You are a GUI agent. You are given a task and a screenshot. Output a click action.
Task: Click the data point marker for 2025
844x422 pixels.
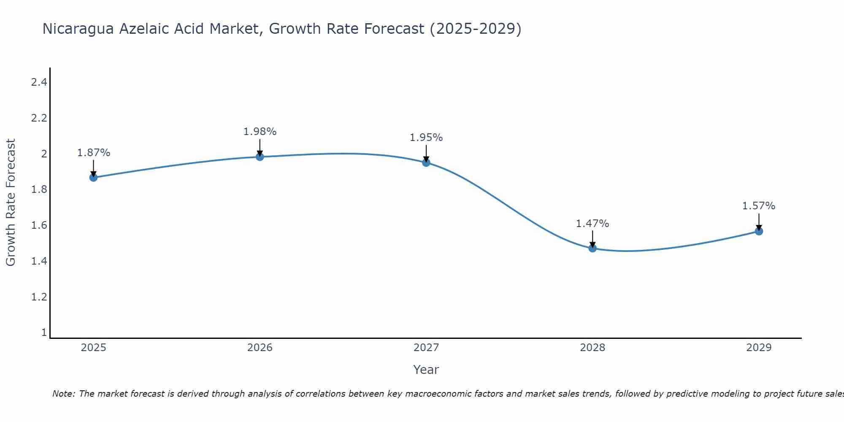[93, 177]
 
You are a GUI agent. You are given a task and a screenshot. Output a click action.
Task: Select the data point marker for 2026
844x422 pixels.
[260, 157]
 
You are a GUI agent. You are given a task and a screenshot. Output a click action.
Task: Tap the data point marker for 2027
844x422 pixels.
[426, 162]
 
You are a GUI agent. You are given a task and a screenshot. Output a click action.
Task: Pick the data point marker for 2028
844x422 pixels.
[592, 248]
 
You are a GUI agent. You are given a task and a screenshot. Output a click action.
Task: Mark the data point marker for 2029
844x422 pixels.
[759, 231]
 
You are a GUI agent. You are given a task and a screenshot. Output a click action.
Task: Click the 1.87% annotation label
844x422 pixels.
[93, 153]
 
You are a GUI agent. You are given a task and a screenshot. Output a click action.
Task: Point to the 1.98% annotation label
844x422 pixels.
[260, 132]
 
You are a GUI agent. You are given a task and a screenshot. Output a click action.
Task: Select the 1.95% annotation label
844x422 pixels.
[426, 138]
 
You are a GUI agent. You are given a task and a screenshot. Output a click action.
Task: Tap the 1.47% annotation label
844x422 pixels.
[592, 224]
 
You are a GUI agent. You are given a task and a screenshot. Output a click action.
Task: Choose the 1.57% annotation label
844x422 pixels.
[759, 206]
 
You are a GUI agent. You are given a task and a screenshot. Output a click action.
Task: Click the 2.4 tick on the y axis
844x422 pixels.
[39, 82]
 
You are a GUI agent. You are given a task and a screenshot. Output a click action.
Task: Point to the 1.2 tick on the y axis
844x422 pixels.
[39, 297]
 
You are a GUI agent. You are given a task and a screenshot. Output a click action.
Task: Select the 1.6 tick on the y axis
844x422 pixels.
[39, 225]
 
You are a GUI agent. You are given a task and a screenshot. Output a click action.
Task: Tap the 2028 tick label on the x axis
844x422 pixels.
[592, 348]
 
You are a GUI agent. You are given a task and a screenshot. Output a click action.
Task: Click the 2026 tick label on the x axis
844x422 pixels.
[260, 348]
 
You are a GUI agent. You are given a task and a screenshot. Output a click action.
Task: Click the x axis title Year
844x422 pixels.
[426, 370]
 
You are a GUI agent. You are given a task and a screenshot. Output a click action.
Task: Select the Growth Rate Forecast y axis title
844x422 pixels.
[11, 203]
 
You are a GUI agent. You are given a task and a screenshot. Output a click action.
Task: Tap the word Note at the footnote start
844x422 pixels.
[63, 394]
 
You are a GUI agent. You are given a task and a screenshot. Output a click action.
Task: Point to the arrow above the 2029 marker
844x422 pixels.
[759, 221]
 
